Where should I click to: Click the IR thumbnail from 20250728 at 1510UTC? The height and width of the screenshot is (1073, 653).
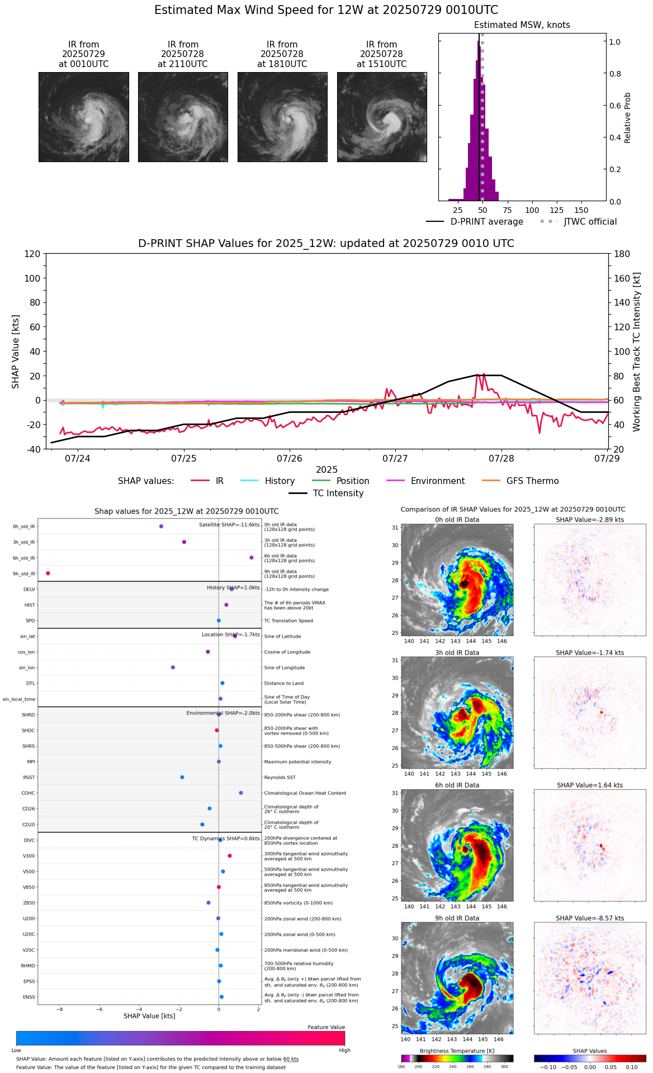click(x=382, y=117)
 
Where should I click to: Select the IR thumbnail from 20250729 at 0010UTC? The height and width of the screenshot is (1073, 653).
click(x=84, y=117)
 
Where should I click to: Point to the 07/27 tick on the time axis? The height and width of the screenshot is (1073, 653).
click(x=395, y=459)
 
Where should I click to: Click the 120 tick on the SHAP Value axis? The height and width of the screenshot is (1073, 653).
click(x=32, y=254)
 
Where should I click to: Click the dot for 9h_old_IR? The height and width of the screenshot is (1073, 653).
click(x=48, y=573)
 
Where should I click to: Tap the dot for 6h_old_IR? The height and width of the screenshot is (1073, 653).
click(x=252, y=558)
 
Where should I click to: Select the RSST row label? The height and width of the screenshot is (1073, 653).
click(x=29, y=777)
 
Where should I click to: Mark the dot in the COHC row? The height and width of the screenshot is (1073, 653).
click(x=241, y=793)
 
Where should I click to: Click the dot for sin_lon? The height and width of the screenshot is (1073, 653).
click(x=173, y=667)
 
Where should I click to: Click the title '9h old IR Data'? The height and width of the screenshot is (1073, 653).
click(x=457, y=918)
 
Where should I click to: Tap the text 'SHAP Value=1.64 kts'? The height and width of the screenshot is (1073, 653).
click(x=590, y=785)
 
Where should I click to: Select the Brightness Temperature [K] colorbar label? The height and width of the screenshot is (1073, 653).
click(x=457, y=1051)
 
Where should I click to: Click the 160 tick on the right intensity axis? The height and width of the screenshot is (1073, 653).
click(x=622, y=278)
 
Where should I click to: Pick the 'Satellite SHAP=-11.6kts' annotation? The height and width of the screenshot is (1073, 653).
click(x=229, y=525)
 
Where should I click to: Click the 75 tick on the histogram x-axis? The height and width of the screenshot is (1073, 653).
click(x=507, y=210)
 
